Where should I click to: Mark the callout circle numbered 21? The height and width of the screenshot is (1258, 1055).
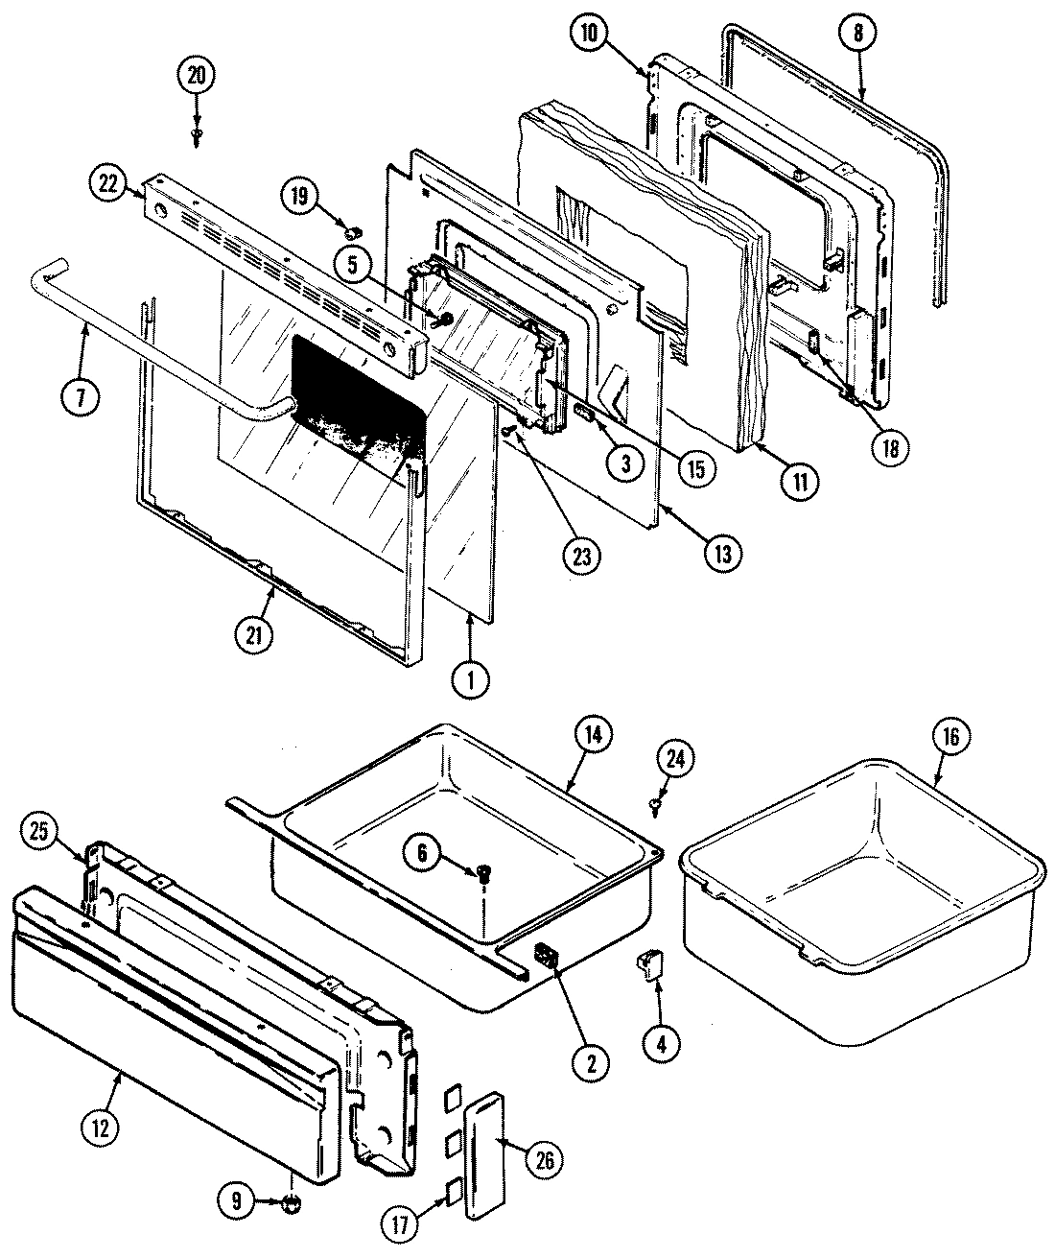(x=255, y=634)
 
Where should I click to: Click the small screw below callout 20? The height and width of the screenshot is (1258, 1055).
(x=197, y=136)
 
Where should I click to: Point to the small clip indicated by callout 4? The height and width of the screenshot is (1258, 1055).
(x=653, y=966)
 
